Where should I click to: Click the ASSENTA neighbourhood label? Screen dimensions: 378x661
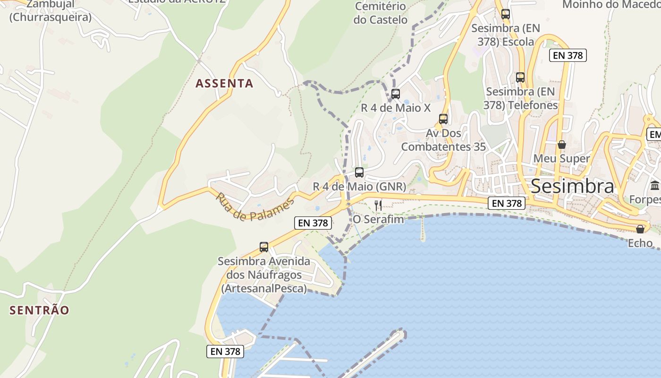tap(224, 84)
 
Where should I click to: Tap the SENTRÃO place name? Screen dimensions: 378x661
tap(40, 310)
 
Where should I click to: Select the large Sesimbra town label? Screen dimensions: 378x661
tap(572, 187)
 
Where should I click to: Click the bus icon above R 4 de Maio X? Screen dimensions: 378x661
tap(396, 94)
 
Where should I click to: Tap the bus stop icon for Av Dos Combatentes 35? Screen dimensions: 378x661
tap(443, 119)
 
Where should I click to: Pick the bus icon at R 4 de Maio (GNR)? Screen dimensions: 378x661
tap(359, 172)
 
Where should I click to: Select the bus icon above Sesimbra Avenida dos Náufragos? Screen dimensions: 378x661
tap(264, 247)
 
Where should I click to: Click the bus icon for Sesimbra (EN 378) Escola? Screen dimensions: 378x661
tap(506, 14)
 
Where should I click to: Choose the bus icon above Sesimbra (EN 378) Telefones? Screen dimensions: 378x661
tap(520, 77)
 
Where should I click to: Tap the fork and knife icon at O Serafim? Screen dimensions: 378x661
tap(378, 205)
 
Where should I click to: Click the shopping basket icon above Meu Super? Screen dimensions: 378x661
tap(562, 145)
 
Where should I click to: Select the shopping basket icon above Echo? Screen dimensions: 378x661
tap(640, 229)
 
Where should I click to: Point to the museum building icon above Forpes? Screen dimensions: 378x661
tap(655, 186)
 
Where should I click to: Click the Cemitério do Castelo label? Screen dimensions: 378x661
tap(380, 13)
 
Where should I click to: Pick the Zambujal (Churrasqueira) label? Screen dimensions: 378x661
tap(50, 11)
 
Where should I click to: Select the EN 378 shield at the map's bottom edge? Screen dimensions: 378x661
tap(226, 352)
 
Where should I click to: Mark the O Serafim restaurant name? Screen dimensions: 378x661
tap(378, 220)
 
